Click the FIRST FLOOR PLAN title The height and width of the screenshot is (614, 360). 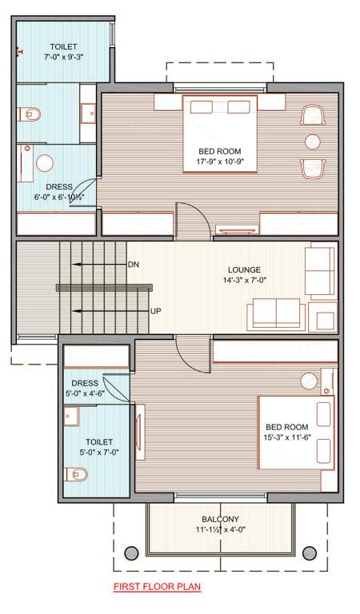(x=156, y=588)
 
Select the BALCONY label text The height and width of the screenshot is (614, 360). (x=220, y=519)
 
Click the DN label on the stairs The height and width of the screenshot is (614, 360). (x=134, y=264)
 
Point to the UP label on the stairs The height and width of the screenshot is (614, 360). (x=156, y=310)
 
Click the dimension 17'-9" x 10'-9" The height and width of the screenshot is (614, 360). (x=220, y=162)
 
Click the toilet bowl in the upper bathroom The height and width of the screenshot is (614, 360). (x=30, y=114)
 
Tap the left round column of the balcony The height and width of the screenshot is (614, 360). (x=130, y=552)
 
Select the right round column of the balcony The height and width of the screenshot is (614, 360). (x=309, y=552)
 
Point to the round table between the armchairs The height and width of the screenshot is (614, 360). (x=311, y=142)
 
